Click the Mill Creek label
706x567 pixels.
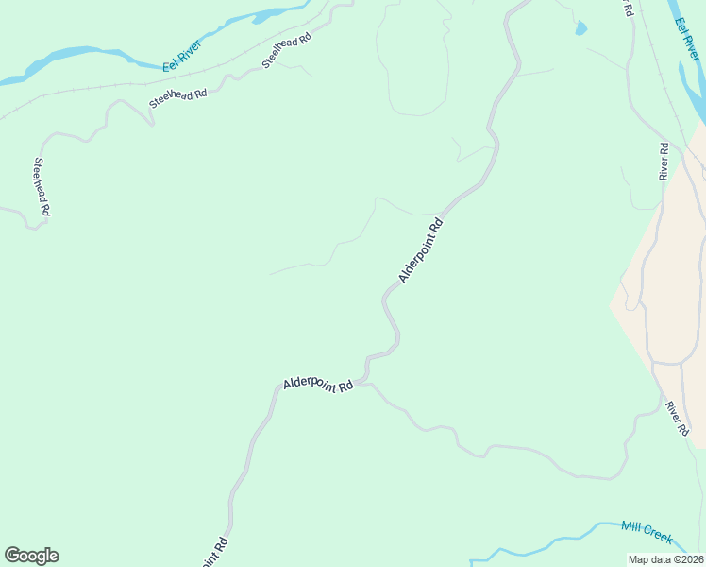pos(647,532)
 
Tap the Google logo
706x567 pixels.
pos(31,556)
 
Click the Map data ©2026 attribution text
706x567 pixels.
pos(666,558)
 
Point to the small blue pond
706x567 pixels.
pos(580,28)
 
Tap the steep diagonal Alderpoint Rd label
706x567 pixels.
pos(421,251)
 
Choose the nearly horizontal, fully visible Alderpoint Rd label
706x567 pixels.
pos(318,386)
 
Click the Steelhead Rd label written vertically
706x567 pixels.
pos(41,188)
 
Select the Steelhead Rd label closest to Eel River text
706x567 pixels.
pos(287,51)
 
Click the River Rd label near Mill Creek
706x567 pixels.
pos(678,418)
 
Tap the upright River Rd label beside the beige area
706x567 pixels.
pos(664,162)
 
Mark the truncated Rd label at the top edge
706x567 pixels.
pos(627,8)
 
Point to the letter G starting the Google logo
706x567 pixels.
pos(12,556)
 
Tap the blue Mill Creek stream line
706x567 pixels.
pos(566,541)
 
